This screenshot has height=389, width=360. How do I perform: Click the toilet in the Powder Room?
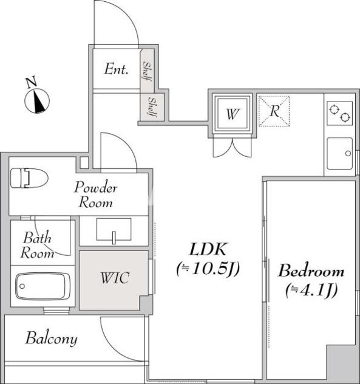click(x=29, y=178)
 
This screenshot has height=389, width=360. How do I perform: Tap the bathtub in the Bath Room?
click(x=42, y=286)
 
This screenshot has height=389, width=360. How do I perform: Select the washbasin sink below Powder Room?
click(x=114, y=230)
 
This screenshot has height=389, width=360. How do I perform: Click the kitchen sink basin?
click(x=339, y=153)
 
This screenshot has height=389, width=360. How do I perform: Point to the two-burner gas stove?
click(x=339, y=113)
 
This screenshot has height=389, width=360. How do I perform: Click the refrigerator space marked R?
click(x=274, y=111)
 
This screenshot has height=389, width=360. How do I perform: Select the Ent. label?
click(x=116, y=69)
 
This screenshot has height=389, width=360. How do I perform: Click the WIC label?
click(x=115, y=278)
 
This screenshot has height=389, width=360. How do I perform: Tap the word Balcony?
click(x=51, y=339)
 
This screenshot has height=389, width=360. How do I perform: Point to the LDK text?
click(x=208, y=249)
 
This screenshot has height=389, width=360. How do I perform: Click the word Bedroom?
click(x=311, y=271)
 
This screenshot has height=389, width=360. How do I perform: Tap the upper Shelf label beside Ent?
click(x=147, y=71)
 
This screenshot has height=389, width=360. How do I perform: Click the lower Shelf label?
click(x=152, y=107)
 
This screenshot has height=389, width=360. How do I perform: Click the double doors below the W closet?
click(x=232, y=148)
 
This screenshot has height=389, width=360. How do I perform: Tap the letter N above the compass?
click(x=31, y=82)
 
